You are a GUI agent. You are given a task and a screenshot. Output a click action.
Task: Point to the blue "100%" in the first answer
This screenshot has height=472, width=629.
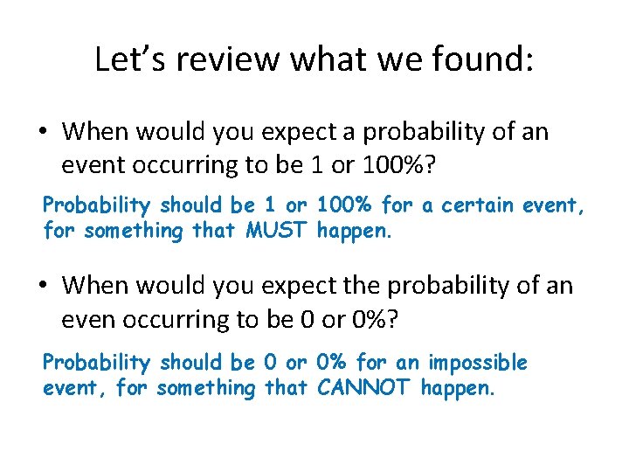(x=344, y=205)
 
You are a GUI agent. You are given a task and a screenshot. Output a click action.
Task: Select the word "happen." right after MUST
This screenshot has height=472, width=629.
(x=354, y=231)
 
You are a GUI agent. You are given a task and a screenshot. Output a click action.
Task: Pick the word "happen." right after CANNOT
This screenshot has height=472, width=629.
(x=458, y=387)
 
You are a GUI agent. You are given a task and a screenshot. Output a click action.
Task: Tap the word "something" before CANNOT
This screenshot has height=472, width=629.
(x=205, y=387)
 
